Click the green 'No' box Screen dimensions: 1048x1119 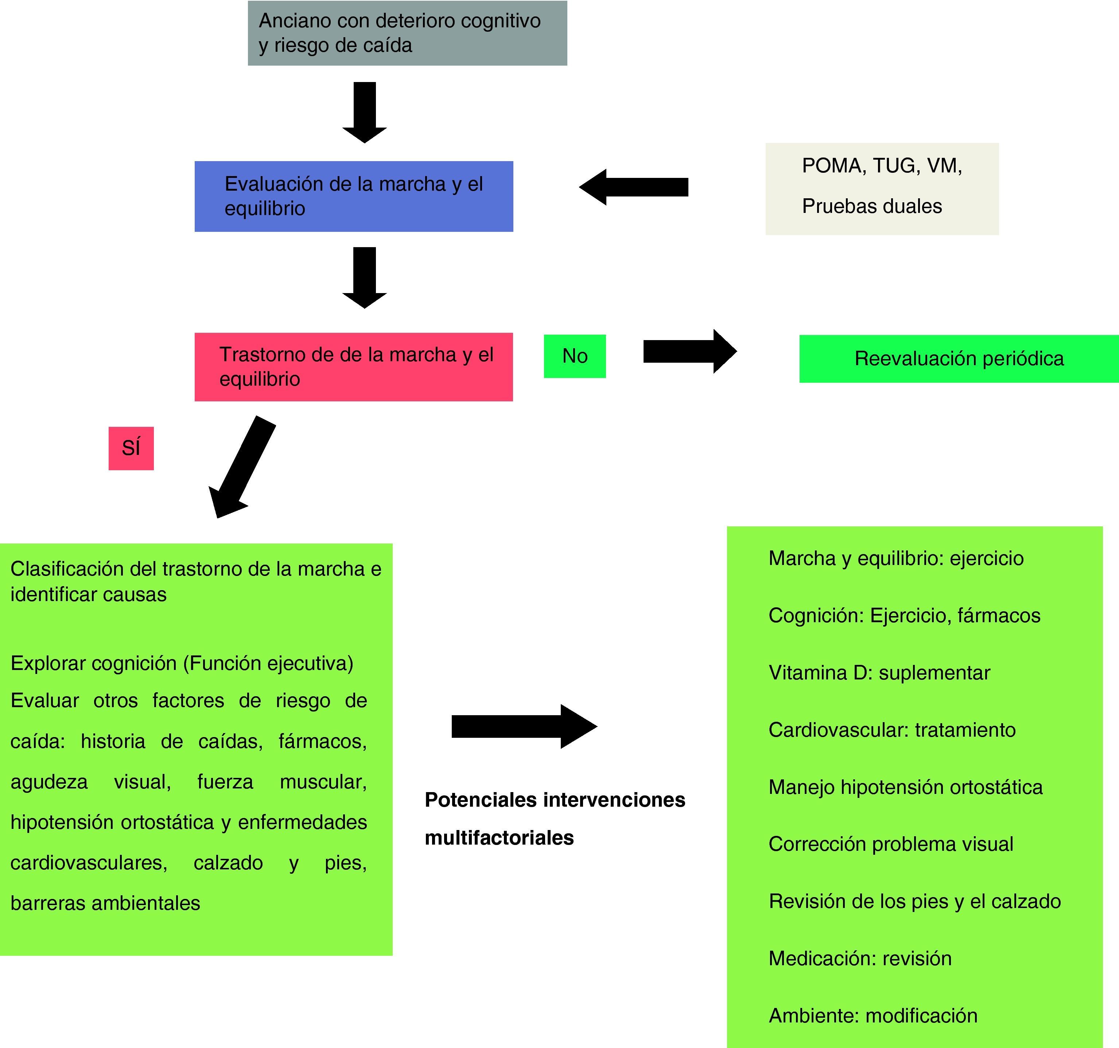click(574, 356)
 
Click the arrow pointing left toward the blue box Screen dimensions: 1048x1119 click(633, 187)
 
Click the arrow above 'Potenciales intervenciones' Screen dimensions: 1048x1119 click(524, 726)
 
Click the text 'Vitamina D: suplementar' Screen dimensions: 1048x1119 click(879, 673)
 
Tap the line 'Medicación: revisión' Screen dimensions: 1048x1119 click(860, 958)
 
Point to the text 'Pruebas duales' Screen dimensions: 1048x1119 click(872, 206)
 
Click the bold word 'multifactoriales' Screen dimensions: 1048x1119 click(499, 838)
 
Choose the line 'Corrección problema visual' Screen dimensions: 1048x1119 click(891, 844)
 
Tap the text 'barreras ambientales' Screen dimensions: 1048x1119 click(105, 903)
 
